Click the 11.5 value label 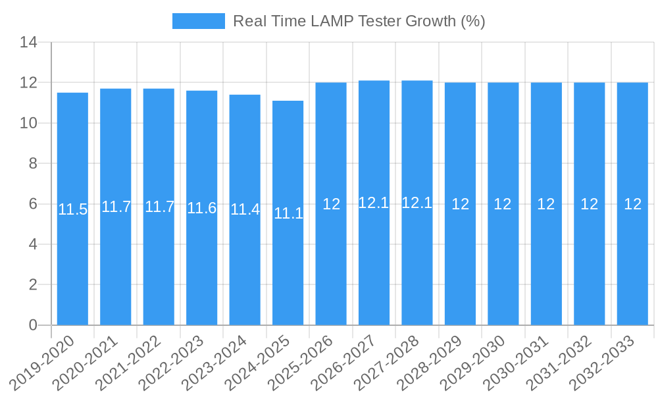pos(72,210)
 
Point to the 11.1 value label pos(288,213)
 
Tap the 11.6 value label pos(201,209)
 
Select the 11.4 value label pos(245,210)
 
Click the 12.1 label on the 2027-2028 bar pos(417,203)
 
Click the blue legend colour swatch pos(198,21)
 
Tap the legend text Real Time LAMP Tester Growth pos(359,21)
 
